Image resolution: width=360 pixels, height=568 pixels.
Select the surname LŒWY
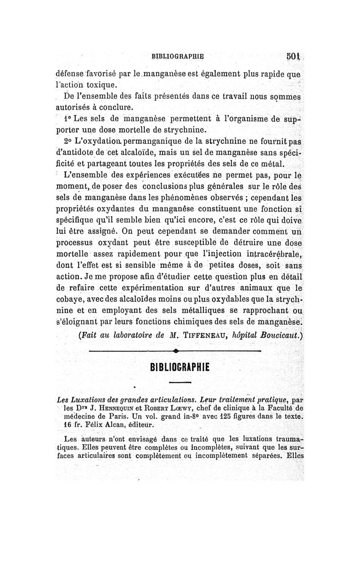[x=189, y=407]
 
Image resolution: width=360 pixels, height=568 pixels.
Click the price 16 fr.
[x=73, y=424]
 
